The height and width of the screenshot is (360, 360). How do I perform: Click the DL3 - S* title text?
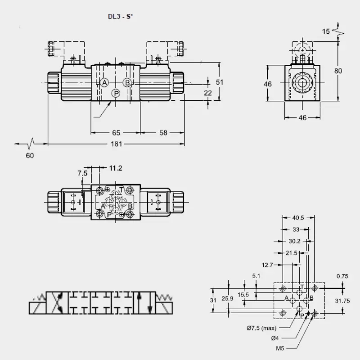coord(121,17)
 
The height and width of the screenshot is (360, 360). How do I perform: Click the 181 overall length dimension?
coord(117,144)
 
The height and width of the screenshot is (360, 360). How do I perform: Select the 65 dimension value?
coord(116,133)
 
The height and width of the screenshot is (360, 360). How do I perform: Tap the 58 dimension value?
coord(163,133)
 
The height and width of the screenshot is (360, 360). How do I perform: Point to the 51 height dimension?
coord(220,82)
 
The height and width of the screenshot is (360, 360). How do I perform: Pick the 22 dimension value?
coord(208,93)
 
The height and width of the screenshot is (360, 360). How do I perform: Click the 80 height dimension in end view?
coord(338,71)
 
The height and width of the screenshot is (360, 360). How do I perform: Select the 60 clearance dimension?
coord(30,155)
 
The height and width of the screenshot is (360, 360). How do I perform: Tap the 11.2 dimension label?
coord(116,168)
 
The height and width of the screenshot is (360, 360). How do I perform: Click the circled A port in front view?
coord(104,82)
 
